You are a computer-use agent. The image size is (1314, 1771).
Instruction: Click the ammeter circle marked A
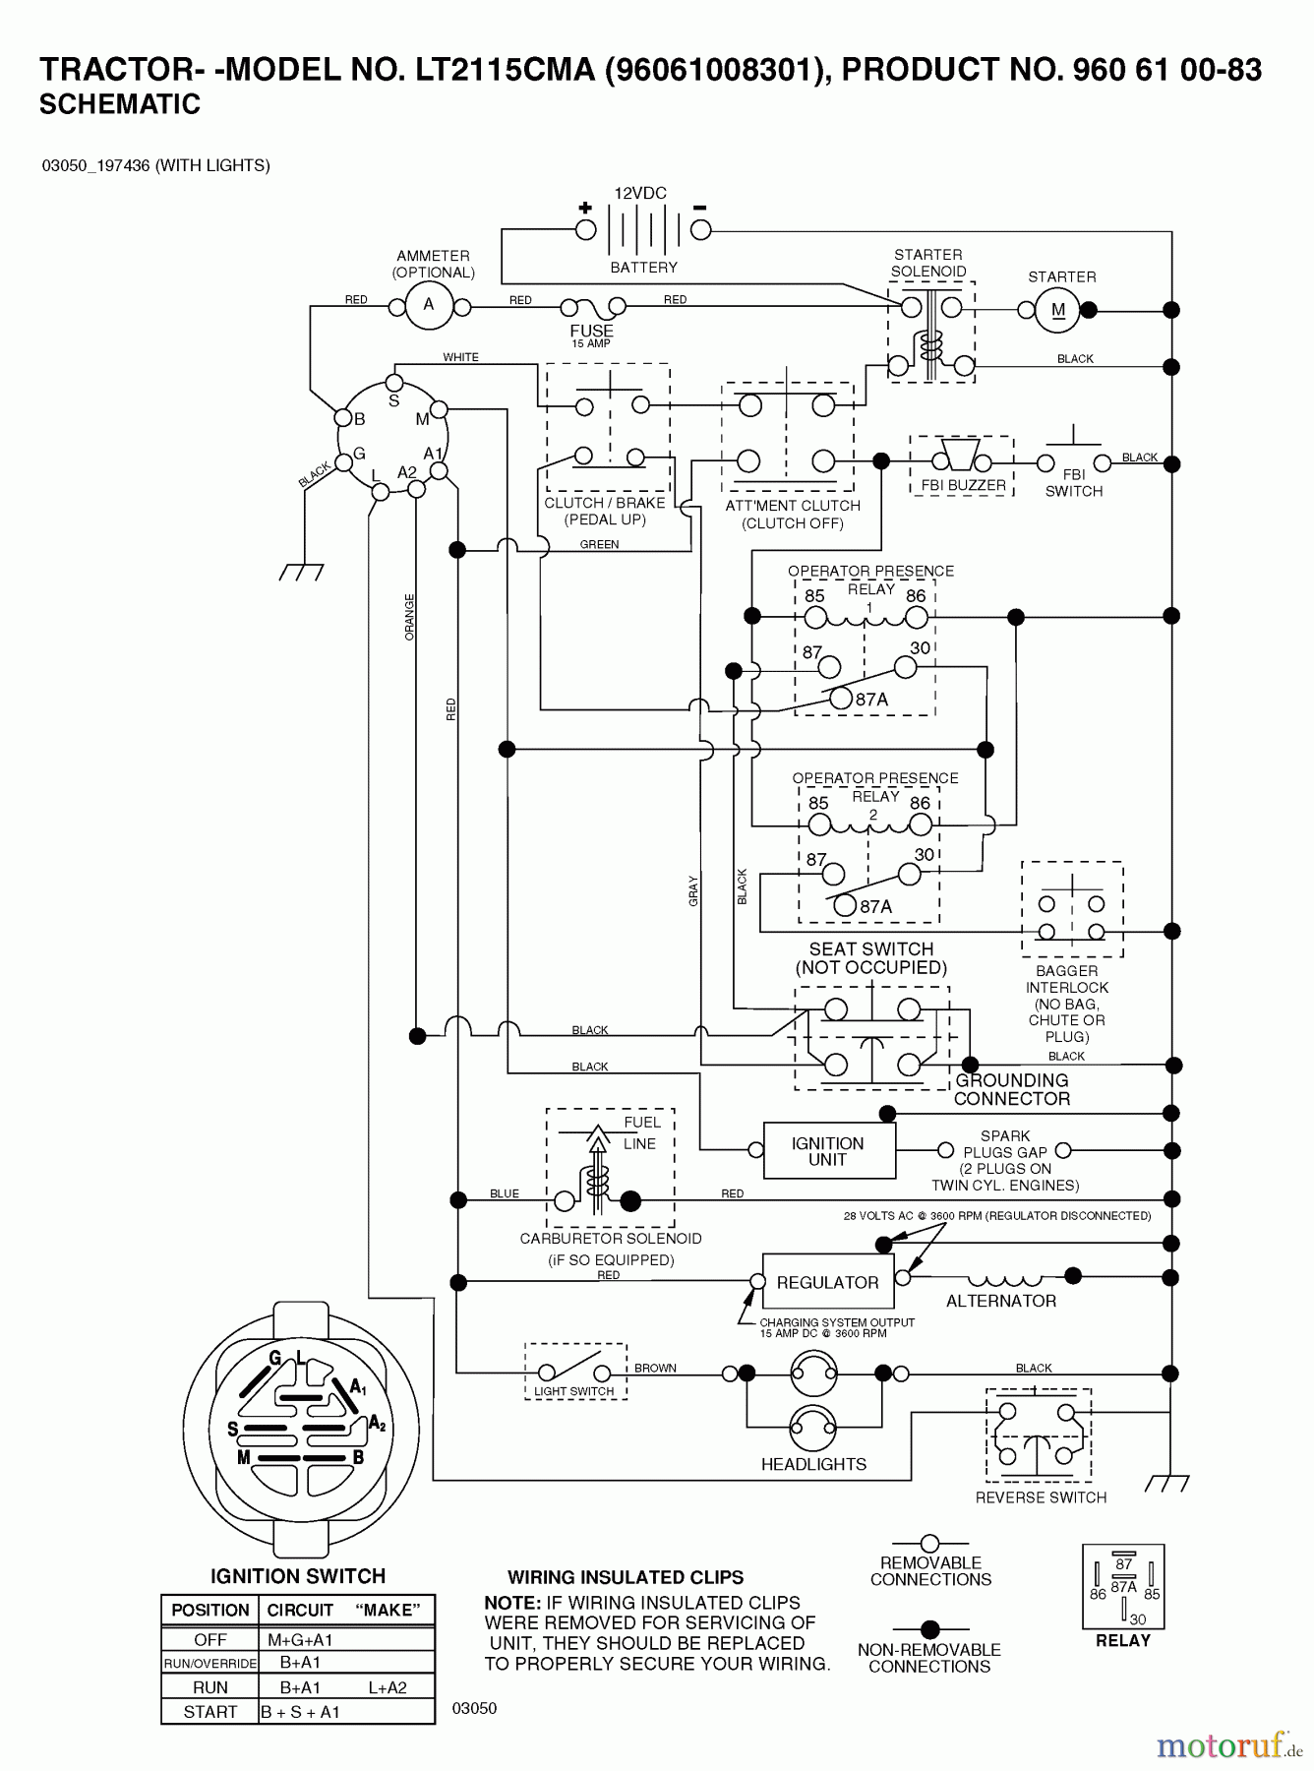[429, 305]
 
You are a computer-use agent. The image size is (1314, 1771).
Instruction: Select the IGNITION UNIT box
[828, 1151]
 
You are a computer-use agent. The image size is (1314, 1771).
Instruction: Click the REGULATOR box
[827, 1282]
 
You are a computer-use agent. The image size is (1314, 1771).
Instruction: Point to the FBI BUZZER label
[963, 485]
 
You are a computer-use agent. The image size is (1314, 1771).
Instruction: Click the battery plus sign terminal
[586, 229]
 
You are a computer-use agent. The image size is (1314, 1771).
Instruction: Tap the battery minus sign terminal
[700, 229]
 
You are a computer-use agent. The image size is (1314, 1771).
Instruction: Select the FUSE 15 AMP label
[591, 336]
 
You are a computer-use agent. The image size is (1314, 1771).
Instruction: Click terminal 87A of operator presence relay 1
[842, 699]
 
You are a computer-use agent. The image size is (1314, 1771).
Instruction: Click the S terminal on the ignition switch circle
[393, 384]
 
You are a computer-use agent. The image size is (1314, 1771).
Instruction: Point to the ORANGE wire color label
[410, 617]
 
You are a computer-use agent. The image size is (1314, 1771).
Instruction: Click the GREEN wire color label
[599, 544]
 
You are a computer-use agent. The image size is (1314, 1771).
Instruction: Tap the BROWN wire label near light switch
[655, 1368]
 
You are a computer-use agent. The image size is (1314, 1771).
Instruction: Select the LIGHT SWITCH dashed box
[575, 1372]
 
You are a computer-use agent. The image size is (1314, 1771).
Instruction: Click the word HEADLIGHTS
[813, 1464]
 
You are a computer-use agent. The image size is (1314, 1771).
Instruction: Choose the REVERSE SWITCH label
[1041, 1497]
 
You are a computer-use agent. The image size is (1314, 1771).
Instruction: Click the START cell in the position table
[209, 1712]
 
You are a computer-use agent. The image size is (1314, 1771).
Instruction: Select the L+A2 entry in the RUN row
[388, 1687]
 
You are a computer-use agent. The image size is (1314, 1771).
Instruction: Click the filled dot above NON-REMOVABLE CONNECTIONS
[929, 1629]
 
